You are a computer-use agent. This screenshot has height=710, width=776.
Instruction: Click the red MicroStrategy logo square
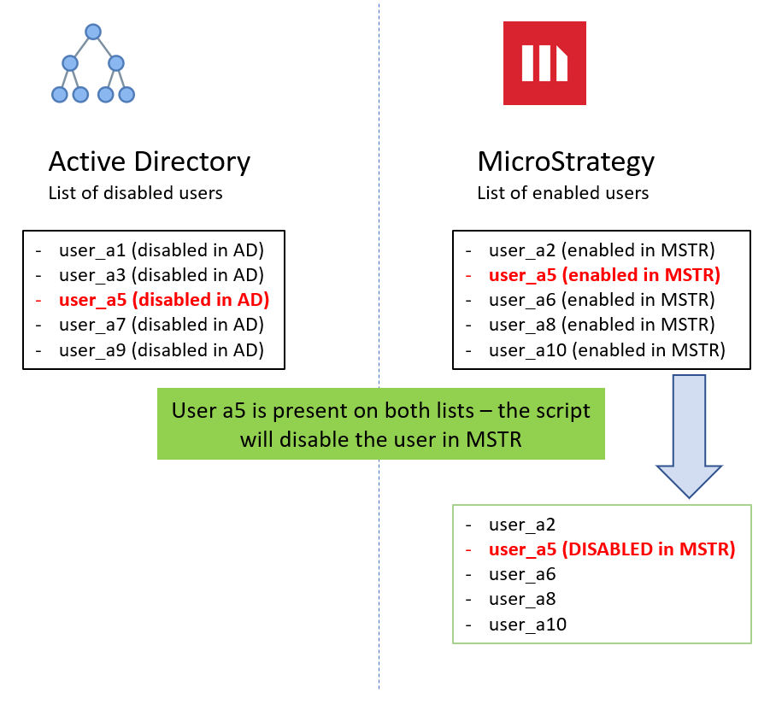point(544,63)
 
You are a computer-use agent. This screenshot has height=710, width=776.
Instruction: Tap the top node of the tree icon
point(93,32)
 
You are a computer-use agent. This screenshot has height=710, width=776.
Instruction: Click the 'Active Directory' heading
point(150,161)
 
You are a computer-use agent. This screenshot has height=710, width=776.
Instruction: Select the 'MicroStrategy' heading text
point(566,161)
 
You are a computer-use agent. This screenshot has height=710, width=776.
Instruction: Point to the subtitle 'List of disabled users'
point(136,193)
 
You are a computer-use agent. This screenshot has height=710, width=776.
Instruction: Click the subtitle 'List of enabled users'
point(562,193)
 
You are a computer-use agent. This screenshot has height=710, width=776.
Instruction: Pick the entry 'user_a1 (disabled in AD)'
point(162,250)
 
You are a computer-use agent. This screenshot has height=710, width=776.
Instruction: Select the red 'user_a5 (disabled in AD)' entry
point(164,300)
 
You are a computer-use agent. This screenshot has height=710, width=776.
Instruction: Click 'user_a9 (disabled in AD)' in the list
point(162,349)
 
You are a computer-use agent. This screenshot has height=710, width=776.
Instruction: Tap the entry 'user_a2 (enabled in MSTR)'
point(602,250)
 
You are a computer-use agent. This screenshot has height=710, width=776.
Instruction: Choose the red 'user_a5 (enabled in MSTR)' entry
point(604,275)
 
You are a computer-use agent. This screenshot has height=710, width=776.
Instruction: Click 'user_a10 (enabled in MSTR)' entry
point(607,349)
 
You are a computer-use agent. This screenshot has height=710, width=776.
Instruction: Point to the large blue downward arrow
point(689,436)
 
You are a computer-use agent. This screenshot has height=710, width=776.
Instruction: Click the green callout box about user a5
point(381,424)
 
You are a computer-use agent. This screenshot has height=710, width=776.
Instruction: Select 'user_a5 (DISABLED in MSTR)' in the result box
point(612,549)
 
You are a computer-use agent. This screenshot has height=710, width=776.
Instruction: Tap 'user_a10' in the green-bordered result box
point(527,625)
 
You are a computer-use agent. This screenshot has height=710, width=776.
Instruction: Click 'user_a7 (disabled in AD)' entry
point(162,325)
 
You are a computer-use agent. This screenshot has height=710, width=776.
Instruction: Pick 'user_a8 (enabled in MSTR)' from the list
point(602,325)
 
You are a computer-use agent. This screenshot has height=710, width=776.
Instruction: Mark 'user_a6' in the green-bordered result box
point(522,574)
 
